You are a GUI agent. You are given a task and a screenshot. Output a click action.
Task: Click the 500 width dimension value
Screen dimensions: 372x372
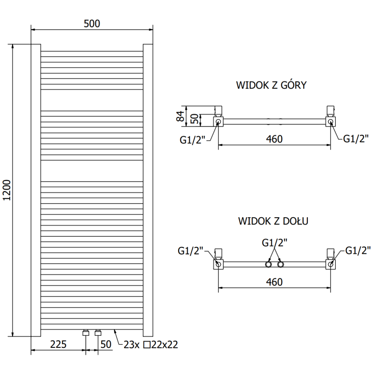coord(92,24)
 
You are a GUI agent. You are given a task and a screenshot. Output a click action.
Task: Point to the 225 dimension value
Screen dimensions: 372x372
coord(58,344)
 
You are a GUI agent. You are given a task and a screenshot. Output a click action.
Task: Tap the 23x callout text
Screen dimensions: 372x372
coord(133,345)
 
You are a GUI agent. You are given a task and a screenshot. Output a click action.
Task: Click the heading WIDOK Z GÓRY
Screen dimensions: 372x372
coord(271,85)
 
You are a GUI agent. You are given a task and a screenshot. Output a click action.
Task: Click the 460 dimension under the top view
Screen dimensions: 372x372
coord(274,139)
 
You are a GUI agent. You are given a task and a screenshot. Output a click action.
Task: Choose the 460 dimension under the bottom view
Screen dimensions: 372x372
coord(274,282)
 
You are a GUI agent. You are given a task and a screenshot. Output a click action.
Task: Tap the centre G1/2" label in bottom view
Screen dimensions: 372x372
coord(274,242)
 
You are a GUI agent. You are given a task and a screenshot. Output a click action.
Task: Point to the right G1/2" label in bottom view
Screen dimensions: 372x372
coord(358,250)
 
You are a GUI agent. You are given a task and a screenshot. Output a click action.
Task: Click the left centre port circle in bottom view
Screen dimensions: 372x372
coord(269,265)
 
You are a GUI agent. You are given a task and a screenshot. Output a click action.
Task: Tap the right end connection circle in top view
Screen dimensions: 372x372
coord(330,122)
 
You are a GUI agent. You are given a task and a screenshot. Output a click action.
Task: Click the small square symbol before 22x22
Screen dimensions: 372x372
coord(147,345)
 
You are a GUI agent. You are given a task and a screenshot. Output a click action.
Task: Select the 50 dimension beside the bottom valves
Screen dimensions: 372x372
coord(106,344)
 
